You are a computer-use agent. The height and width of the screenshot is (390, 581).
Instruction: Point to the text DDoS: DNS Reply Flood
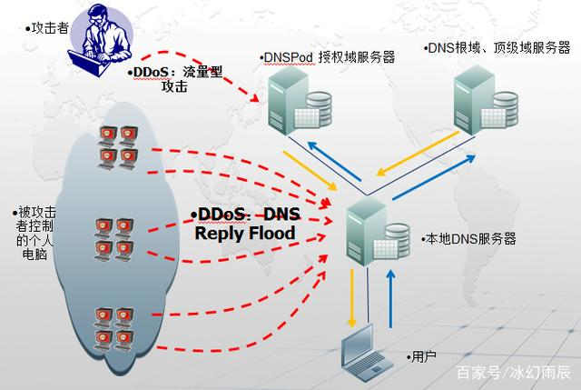coord(247,224)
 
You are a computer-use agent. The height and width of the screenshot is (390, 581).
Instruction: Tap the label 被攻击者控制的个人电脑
coord(35,226)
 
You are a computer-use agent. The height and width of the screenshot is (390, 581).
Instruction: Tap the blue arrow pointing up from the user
coord(391,300)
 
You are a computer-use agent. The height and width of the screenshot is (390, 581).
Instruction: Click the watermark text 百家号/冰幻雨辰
coord(512,372)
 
